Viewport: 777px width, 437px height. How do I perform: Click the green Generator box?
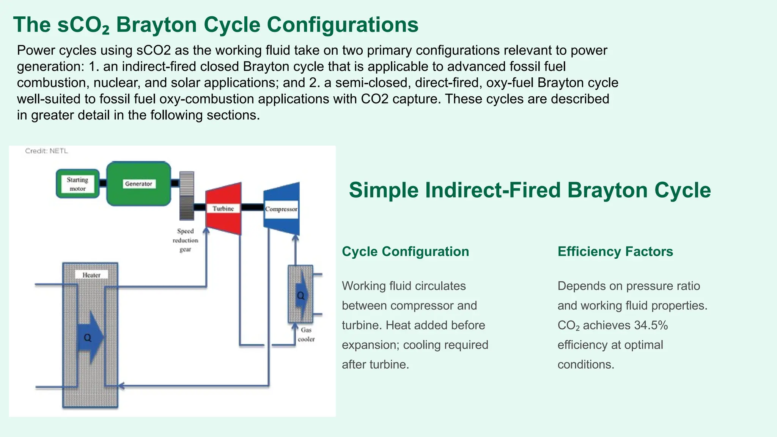pyautogui.click(x=138, y=184)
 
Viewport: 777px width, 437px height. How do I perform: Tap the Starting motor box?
pyautogui.click(x=77, y=184)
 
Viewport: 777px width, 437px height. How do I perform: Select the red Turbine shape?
pyautogui.click(x=223, y=209)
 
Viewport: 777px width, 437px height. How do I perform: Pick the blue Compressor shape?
pyautogui.click(x=282, y=209)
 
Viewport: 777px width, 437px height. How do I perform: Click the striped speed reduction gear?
pyautogui.click(x=186, y=195)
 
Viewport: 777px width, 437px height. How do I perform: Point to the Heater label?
pyautogui.click(x=91, y=275)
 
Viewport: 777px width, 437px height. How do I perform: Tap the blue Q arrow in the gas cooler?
pyautogui.click(x=301, y=296)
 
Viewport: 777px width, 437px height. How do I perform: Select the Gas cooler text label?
pyautogui.click(x=306, y=335)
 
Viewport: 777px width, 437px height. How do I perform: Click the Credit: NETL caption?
pyautogui.click(x=46, y=151)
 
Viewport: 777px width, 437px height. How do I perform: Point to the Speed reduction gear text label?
pyautogui.click(x=185, y=240)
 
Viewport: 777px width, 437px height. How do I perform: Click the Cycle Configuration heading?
pyautogui.click(x=405, y=252)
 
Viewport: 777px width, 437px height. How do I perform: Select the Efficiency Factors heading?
pyautogui.click(x=615, y=252)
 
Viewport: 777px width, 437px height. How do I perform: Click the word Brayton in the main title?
pyautogui.click(x=157, y=25)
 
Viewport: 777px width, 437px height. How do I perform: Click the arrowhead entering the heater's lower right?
pyautogui.click(x=121, y=386)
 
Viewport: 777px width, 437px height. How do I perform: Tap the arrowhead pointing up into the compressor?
pyautogui.click(x=296, y=238)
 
